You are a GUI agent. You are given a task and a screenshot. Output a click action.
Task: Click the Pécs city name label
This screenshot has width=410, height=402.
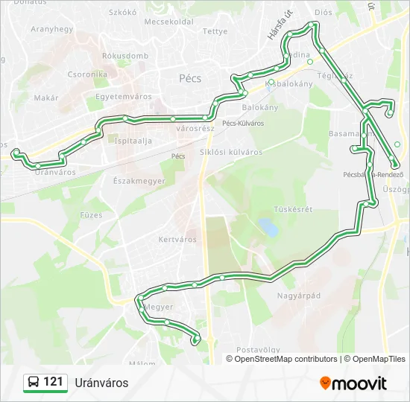190,78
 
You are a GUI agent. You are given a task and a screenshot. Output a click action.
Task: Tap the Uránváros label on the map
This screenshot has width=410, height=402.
55,172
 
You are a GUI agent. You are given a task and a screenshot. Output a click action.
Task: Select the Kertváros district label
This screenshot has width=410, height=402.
177,240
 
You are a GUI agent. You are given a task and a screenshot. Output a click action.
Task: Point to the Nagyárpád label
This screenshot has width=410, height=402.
298,296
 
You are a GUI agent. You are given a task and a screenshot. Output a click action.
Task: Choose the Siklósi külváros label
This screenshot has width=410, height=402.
231,152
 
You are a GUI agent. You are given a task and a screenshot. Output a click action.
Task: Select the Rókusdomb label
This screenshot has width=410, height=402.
125,56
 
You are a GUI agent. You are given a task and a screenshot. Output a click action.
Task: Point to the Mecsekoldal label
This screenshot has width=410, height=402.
168,22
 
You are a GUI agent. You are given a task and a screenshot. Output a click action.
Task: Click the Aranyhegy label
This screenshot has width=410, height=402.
51,29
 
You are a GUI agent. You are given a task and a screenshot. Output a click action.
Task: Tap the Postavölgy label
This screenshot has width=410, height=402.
258,349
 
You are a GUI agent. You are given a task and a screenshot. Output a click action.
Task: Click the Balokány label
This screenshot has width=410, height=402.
260,107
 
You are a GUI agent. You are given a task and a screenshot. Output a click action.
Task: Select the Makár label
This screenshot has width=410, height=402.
46,98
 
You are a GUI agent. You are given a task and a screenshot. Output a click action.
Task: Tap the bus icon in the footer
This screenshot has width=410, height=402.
34,383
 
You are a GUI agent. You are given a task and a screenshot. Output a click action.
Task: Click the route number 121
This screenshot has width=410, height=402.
53,383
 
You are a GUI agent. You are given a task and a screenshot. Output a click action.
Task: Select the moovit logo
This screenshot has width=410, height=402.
353,383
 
